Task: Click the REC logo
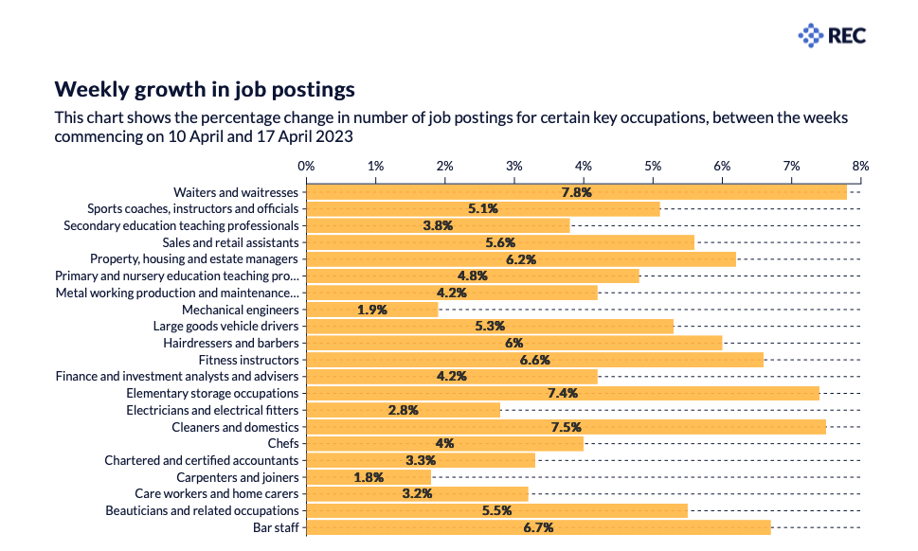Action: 832,36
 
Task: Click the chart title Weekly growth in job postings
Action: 205,89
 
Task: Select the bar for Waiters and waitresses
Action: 577,192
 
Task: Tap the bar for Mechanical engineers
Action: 373,310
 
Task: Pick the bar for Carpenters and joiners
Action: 369,477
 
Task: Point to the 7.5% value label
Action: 566,427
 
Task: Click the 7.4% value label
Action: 563,394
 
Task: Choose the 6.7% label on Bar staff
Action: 538,527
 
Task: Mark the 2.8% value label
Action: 403,410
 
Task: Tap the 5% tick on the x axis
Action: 653,166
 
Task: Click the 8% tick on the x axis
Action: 860,166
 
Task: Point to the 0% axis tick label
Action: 306,166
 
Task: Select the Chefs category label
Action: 283,443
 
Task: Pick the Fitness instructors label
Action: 248,360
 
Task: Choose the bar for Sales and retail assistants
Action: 501,242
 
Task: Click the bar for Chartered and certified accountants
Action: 422,460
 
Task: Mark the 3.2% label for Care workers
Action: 417,494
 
